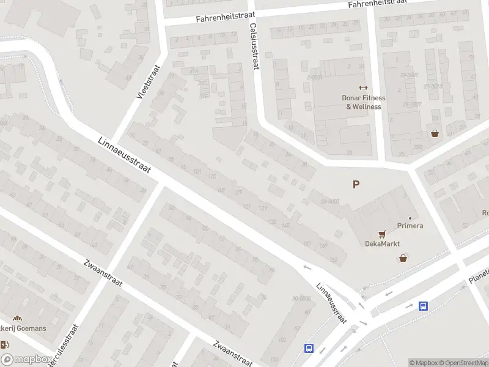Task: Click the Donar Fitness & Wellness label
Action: pyautogui.click(x=363, y=102)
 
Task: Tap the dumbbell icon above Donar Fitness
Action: pyautogui.click(x=363, y=87)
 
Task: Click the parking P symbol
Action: pyautogui.click(x=356, y=184)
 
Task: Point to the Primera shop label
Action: pyautogui.click(x=410, y=226)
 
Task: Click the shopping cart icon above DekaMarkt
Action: pyautogui.click(x=383, y=233)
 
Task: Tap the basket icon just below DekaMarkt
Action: pyautogui.click(x=403, y=258)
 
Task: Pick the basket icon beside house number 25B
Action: pyautogui.click(x=435, y=133)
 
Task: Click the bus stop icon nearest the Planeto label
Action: pyautogui.click(x=423, y=306)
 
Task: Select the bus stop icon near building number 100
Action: pyautogui.click(x=309, y=348)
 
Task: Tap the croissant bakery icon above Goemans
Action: pyautogui.click(x=17, y=318)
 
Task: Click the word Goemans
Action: pyautogui.click(x=31, y=328)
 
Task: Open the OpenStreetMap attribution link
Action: pyautogui.click(x=464, y=363)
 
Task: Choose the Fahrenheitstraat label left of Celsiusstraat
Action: pyautogui.click(x=221, y=18)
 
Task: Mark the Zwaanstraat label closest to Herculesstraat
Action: pyautogui.click(x=103, y=275)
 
